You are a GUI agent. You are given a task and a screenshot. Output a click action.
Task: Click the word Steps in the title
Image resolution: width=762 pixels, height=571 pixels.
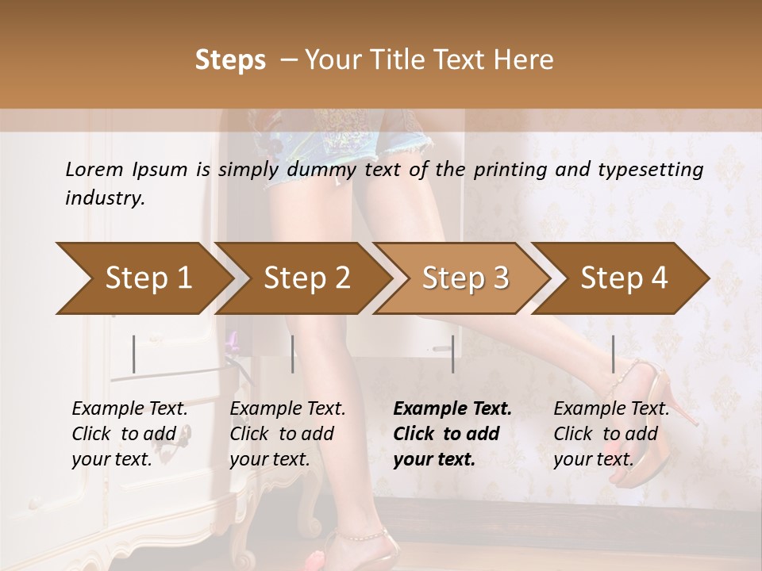[230, 60]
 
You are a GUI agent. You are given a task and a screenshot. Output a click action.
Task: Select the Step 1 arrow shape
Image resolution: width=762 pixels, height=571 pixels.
[143, 278]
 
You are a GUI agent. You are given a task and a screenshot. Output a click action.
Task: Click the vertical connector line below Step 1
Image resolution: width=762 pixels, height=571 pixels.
[134, 354]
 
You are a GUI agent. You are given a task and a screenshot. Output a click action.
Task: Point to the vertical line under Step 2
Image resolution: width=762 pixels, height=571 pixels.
[293, 354]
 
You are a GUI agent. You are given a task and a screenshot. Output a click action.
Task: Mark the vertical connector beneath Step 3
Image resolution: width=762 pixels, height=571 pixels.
[452, 354]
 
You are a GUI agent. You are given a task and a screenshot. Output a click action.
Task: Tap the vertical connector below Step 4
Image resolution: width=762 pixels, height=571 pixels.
[613, 354]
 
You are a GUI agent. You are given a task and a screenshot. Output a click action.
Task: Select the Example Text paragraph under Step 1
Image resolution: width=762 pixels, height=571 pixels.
[129, 434]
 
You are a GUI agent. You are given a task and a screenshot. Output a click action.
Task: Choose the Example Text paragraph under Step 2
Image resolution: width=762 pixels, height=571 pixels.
[287, 434]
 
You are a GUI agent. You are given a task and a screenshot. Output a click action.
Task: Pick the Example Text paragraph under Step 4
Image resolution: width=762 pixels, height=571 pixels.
[611, 434]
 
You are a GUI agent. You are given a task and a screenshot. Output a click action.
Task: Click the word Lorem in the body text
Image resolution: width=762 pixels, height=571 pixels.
[94, 170]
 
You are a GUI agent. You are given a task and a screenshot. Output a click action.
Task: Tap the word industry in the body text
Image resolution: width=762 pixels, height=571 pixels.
[104, 198]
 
